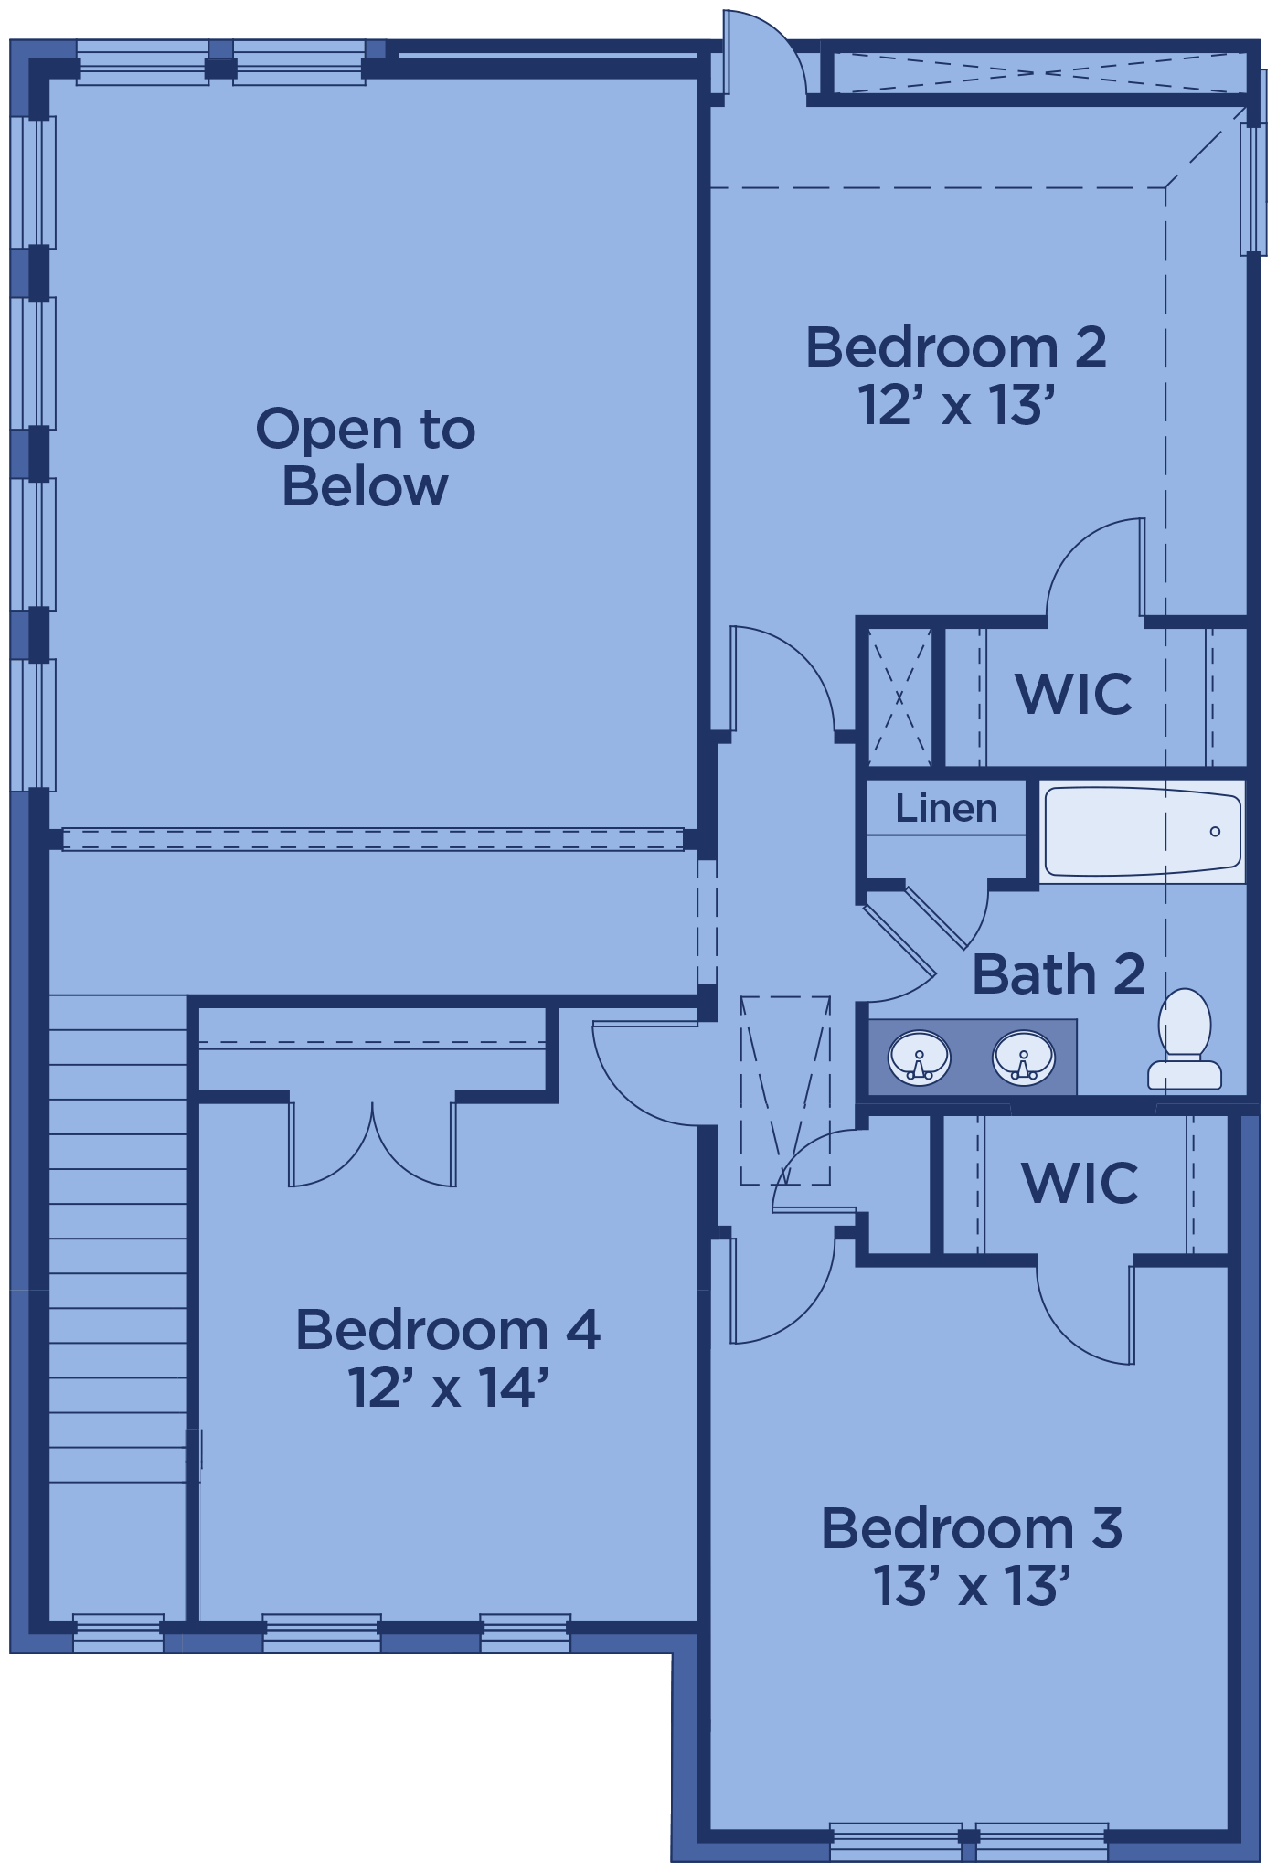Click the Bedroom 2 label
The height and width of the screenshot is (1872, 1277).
955,347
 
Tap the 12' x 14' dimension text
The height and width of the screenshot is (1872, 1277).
447,1387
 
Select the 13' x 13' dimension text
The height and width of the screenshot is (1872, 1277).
971,1585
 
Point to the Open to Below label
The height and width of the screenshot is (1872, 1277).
365,457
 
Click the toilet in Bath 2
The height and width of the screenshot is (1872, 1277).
1185,1038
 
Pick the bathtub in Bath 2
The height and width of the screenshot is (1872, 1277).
1142,832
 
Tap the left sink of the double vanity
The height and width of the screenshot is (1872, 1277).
920,1058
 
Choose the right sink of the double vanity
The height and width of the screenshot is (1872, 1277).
1024,1058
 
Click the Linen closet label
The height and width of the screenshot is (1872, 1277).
946,808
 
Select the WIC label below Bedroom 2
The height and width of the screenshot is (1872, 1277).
1074,694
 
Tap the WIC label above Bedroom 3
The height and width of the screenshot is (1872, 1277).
1080,1183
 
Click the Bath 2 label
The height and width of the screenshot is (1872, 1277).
1059,973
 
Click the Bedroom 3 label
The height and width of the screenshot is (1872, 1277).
972,1527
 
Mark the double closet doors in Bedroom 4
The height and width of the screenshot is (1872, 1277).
372,1143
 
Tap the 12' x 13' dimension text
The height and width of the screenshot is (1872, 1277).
957,405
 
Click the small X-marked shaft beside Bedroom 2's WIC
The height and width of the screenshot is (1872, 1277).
899,697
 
